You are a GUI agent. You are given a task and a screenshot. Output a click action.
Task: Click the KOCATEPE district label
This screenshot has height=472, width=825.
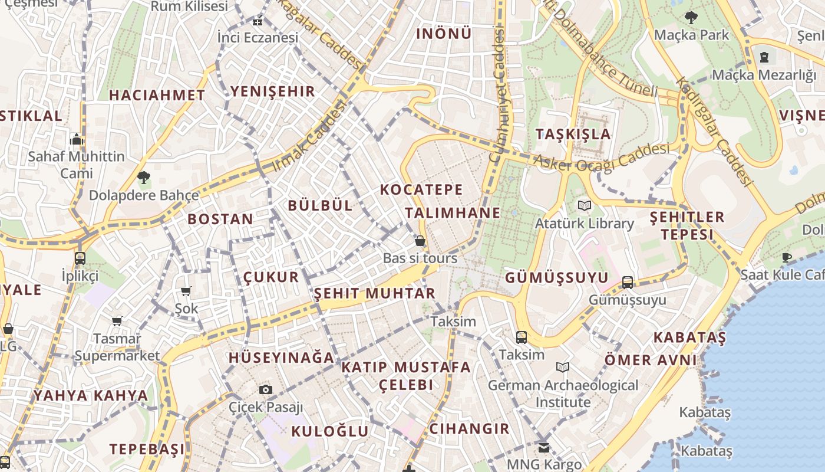421,190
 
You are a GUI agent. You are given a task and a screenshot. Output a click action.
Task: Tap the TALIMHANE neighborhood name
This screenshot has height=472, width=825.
453,213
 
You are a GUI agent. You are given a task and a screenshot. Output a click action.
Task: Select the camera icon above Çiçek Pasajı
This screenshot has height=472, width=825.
266,389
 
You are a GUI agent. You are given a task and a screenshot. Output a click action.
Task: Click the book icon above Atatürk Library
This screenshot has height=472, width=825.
585,205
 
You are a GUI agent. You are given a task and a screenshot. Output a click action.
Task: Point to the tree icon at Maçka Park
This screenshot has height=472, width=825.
691,18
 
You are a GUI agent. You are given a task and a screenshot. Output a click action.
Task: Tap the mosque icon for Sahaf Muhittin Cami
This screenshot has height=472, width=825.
77,139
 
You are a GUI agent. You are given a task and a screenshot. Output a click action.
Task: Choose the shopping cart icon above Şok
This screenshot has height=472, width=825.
186,290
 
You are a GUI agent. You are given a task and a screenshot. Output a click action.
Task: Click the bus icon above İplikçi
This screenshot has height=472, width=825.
80,258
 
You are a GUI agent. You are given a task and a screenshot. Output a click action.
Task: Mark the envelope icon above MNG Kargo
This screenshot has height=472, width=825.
543,447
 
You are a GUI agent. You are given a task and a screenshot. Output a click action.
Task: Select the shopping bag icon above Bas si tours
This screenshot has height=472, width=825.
420,241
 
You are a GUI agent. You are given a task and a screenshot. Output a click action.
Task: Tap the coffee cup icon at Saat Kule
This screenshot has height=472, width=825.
786,257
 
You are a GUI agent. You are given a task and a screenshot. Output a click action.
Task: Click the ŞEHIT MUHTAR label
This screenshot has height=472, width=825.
374,293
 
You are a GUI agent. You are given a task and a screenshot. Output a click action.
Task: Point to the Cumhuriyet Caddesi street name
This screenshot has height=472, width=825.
498,94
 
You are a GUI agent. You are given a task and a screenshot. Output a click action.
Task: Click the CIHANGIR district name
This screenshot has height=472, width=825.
469,429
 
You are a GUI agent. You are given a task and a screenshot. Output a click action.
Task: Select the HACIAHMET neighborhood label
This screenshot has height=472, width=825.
157,95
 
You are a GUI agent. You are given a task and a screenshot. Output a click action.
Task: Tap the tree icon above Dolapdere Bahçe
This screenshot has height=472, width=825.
143,177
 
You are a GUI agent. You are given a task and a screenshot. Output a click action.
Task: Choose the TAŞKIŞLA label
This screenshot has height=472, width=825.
573,134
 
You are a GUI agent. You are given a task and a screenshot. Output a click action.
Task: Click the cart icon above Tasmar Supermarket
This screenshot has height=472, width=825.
117,321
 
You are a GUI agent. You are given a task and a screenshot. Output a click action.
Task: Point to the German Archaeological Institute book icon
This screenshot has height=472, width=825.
563,367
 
